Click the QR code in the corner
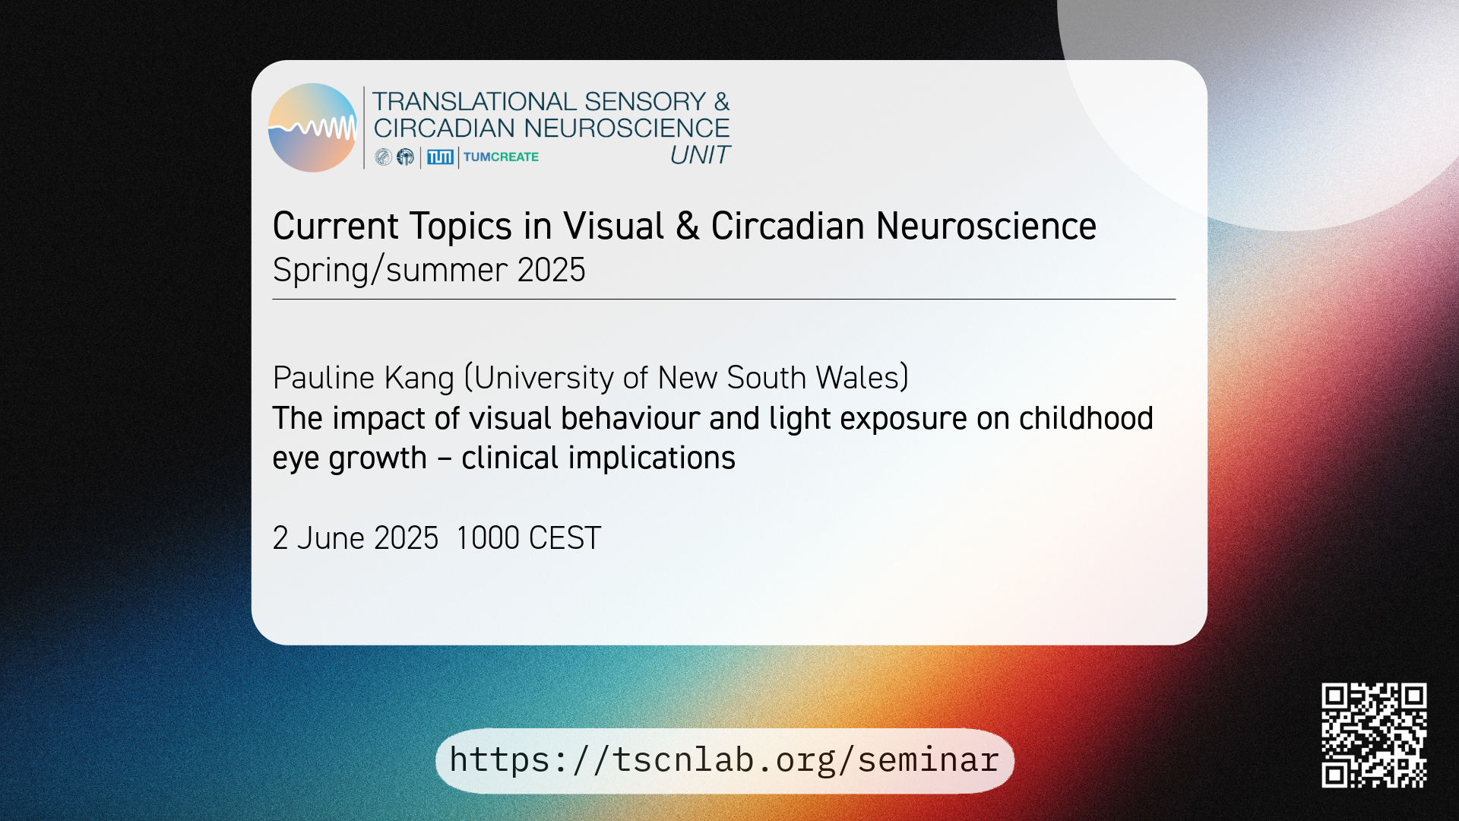1374,735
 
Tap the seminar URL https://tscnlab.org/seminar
724,760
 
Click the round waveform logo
312,128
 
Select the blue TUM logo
440,157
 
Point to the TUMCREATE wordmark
501,157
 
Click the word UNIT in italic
700,155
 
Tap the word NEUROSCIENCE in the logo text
626,128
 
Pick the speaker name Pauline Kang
363,378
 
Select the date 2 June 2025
356,538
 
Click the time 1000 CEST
529,538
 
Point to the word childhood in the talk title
1086,418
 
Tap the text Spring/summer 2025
429,270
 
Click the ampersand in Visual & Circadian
687,227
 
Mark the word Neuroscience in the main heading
986,227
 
